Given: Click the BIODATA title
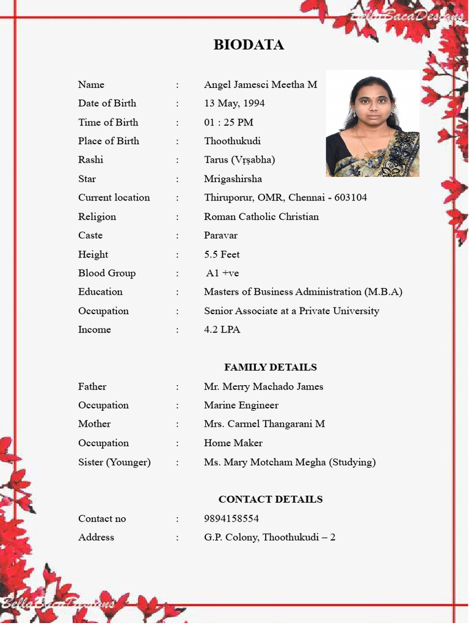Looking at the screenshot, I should point(249,45).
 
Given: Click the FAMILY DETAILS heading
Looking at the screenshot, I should point(270,367).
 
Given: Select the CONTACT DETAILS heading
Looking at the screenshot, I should point(270,499).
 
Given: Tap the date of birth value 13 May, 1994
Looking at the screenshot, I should point(234,103).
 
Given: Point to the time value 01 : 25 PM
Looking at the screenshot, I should point(228,122).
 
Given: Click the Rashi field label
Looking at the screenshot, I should point(90,160).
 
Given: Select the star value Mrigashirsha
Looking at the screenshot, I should point(233,179).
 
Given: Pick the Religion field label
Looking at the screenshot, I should point(96,217).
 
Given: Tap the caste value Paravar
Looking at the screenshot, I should point(220,235).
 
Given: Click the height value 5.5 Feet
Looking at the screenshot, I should point(222,254).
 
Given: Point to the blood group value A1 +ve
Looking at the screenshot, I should point(222,273).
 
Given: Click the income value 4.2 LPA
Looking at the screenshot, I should point(222,330).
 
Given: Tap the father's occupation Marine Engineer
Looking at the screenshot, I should point(241,405).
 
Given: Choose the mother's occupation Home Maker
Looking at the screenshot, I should point(233,443).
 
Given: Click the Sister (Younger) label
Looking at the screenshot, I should point(114,462).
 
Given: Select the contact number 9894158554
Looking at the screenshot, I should point(231,519).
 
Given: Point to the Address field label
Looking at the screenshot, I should point(96,537).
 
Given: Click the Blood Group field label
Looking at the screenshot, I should point(106,273).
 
